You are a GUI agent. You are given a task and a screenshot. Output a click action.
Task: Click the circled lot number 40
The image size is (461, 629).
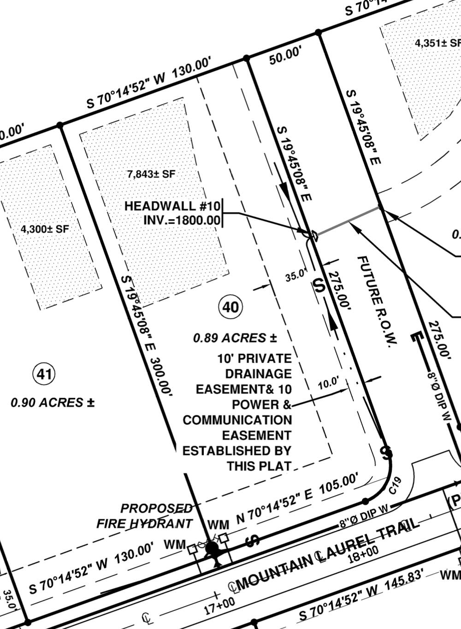230,307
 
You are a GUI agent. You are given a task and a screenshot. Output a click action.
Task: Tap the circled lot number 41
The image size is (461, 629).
44,374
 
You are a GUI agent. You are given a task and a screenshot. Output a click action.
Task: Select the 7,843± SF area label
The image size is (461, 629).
151,174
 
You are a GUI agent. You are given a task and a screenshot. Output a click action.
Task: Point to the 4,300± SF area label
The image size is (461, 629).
45,228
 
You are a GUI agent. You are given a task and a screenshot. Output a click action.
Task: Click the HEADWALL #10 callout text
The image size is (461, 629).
172,206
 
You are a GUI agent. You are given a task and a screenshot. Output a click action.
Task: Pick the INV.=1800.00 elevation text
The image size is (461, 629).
182,220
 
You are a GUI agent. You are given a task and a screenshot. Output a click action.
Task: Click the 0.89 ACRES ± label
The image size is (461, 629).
235,338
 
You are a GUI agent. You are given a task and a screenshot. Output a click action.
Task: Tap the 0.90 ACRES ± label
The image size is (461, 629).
52,402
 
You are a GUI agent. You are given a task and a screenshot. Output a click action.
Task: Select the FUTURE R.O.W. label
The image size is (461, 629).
377,302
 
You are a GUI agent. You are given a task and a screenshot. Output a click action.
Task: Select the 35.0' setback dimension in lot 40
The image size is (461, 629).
296,275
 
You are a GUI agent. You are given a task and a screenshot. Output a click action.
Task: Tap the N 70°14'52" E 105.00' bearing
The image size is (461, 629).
297,499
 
